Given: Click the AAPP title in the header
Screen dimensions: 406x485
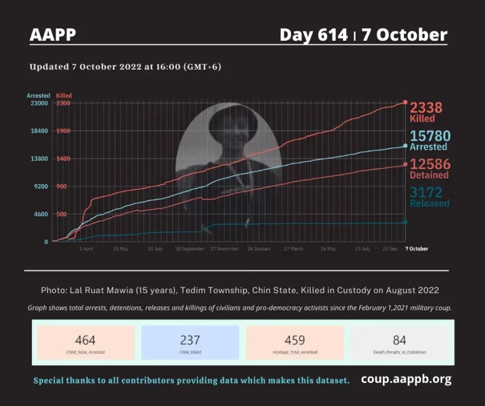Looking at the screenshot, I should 53,34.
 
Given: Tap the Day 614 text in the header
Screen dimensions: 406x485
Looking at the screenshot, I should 313,35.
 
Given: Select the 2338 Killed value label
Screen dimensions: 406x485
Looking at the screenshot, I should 426,108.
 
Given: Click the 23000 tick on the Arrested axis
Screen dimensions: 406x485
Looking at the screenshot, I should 38,103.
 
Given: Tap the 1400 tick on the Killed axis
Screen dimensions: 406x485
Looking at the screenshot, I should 63,159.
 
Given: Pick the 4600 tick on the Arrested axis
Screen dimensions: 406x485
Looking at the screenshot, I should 40,215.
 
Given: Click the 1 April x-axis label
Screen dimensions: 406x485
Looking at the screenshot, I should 86,249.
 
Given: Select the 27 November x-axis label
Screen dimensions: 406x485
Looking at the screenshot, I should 224,249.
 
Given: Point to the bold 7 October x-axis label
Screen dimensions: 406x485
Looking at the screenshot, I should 416,249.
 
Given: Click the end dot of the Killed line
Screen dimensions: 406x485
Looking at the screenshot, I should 405,102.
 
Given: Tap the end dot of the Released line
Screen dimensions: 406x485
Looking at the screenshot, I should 405,222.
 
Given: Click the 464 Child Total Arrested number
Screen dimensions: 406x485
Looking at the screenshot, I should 85,340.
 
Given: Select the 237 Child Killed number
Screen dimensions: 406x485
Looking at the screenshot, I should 190,340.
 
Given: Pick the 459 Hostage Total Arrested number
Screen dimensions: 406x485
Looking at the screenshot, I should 295,340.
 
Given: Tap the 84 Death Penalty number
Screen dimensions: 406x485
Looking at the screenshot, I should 399,340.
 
